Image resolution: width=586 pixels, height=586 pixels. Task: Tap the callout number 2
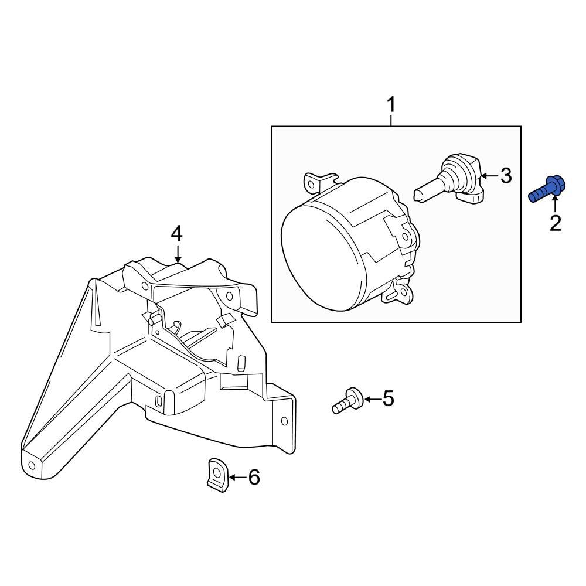pos(554,223)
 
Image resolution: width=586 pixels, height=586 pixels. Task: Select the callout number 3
pos(505,175)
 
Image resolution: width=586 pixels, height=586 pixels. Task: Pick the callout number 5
pos(388,399)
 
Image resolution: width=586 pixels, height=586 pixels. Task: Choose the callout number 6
pos(254,478)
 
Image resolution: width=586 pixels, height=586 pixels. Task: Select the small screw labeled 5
pos(346,402)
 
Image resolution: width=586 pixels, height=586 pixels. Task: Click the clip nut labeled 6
pos(216,473)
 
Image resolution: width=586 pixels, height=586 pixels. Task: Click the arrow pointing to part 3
pos(488,175)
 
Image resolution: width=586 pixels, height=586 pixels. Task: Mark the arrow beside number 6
pos(236,478)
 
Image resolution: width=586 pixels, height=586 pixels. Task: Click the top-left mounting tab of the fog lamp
pos(318,182)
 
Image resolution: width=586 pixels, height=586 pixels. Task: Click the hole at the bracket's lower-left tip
pos(31,466)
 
